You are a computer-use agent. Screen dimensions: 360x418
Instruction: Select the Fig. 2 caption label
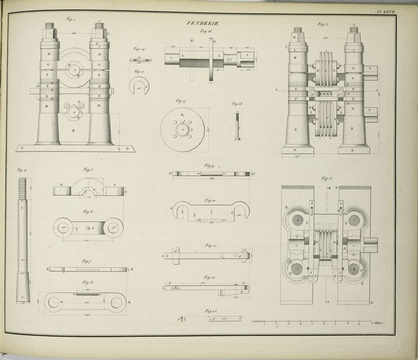pos(323,24)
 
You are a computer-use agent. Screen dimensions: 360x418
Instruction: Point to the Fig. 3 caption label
pos(326,178)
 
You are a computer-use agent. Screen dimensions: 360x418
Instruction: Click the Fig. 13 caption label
pos(210,311)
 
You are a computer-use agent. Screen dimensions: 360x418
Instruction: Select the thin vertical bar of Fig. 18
pos(237,125)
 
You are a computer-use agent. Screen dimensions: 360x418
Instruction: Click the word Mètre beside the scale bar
pos(377,324)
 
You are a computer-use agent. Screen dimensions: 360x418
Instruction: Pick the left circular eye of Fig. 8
pos(53,302)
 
